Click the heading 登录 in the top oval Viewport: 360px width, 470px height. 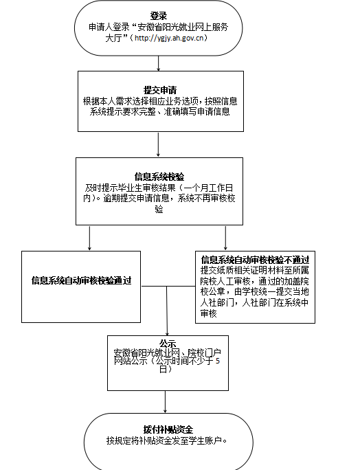159,16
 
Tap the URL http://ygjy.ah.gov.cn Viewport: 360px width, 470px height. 169,38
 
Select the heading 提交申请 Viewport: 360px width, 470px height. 160,90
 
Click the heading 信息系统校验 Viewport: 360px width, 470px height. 159,177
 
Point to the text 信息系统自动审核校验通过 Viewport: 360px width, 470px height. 81,280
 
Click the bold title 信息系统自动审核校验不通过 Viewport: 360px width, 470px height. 255,260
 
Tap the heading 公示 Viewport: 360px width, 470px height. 168,344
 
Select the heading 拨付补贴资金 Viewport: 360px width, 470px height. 168,429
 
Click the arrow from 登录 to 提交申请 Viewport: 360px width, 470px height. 159,63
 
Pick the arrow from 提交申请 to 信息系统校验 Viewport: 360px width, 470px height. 158,144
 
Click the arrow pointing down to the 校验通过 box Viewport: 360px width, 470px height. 89,238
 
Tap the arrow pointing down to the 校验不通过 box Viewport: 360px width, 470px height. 225,238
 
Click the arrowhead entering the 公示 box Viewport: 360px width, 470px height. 167,334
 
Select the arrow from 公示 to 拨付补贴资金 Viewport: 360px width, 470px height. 165,402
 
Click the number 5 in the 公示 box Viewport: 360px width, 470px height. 218,361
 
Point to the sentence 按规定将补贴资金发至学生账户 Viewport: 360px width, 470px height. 167,440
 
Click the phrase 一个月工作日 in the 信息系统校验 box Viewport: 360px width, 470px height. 208,188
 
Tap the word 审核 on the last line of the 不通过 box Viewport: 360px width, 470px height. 209,313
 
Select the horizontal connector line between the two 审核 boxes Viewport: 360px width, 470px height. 168,287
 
